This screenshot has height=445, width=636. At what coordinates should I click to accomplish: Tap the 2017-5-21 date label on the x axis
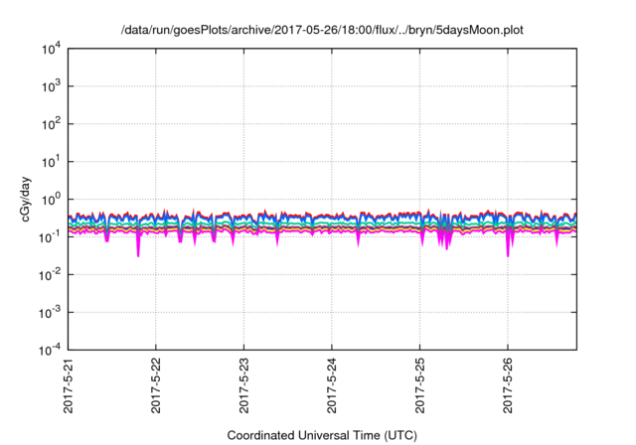tap(69, 387)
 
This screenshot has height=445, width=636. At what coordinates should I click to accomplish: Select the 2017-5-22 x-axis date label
tap(156, 387)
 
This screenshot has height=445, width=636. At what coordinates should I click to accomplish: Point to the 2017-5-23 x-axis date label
tap(244, 387)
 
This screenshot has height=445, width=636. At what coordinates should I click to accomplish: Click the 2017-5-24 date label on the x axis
tap(332, 387)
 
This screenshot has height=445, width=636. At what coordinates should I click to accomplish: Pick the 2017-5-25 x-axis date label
tap(420, 387)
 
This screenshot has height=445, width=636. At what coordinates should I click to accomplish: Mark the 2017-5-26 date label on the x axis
tap(508, 387)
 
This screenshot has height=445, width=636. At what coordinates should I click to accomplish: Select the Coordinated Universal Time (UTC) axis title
tap(322, 435)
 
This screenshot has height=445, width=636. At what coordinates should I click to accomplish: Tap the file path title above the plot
tap(321, 29)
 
